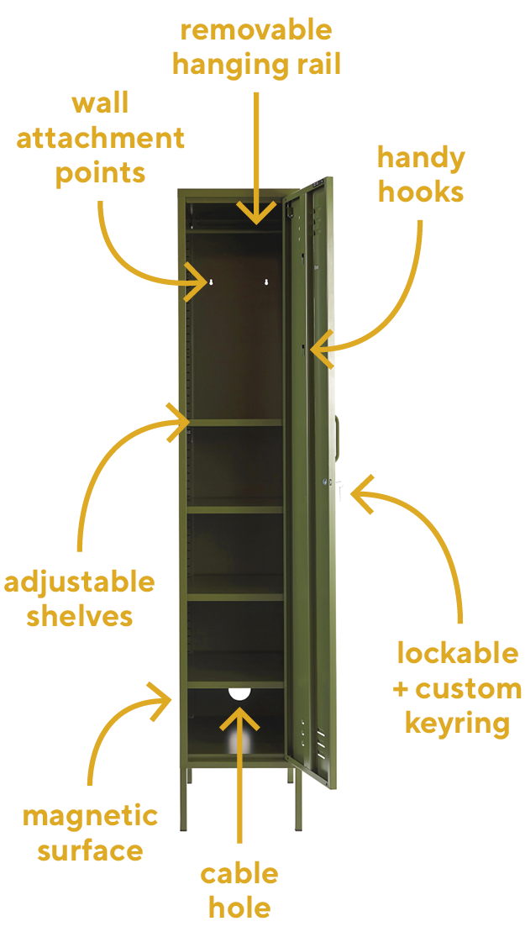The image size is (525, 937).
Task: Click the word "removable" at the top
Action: (255, 30)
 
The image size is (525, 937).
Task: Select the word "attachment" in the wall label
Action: (100, 139)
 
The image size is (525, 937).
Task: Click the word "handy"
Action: (421, 160)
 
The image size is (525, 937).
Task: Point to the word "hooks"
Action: (421, 193)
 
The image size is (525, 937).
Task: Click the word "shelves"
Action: (80, 616)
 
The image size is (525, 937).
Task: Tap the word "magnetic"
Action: (90, 817)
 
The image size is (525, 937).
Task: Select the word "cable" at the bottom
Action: (239, 874)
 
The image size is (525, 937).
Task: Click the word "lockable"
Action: (458, 653)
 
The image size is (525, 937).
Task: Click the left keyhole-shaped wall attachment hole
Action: (210, 282)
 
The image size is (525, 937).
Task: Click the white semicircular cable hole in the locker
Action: (240, 694)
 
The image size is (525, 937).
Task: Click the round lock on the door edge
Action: (326, 481)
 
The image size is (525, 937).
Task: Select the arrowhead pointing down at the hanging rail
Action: (256, 212)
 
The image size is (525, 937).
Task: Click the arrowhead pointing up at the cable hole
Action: (239, 719)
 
